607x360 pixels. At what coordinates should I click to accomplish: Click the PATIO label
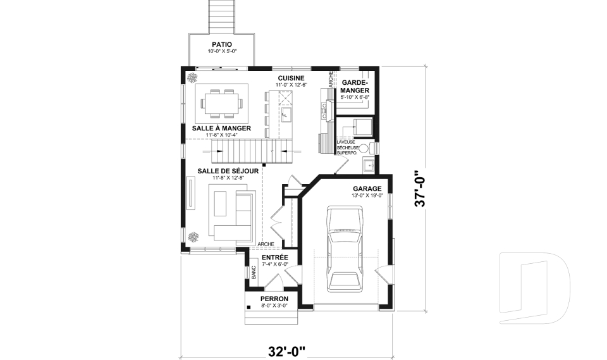pos(221,44)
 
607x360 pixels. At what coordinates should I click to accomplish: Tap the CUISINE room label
pos(291,78)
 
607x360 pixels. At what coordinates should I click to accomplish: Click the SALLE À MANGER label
pos(221,128)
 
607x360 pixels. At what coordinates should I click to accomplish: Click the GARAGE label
pos(367,189)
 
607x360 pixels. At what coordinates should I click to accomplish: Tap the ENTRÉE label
pos(275,258)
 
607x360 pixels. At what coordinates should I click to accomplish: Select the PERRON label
pos(274,299)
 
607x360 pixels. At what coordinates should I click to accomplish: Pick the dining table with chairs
pos(221,102)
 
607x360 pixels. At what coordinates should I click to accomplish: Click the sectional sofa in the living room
pos(231,215)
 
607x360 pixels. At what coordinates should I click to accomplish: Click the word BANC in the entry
pos(253,273)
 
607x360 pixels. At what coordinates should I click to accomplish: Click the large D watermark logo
pos(535,289)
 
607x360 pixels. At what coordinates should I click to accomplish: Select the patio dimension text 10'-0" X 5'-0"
pos(221,51)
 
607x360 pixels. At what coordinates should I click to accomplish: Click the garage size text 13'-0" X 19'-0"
pos(367,196)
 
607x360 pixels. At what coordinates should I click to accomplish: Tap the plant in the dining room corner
pos(192,78)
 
